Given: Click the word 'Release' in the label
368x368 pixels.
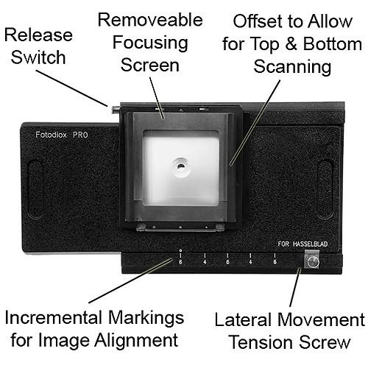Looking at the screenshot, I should (x=40, y=35).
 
